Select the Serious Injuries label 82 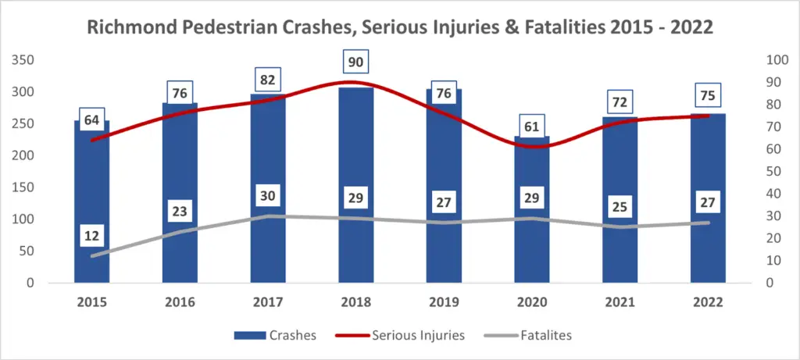coord(268,80)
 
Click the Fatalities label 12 coord(92,236)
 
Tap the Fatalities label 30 coord(268,196)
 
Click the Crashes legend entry coord(275,336)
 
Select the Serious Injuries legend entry coord(404,336)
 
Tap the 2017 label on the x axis coord(268,301)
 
